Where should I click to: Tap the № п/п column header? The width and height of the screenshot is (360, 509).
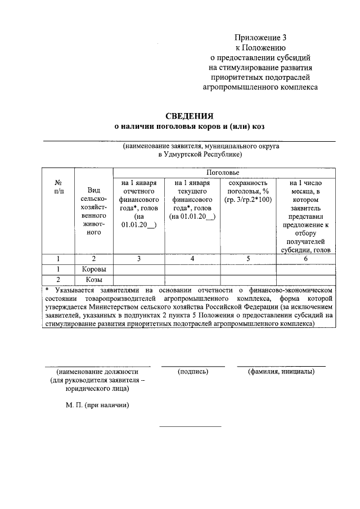pyautogui.click(x=58, y=187)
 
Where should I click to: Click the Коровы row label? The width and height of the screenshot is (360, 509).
pyautogui.click(x=93, y=269)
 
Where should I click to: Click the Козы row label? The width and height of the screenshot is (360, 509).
pyautogui.click(x=93, y=279)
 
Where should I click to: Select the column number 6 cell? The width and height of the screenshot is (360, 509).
pyautogui.click(x=306, y=259)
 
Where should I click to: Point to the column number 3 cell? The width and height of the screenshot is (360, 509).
pyautogui.click(x=138, y=259)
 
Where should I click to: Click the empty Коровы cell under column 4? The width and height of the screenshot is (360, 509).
pyautogui.click(x=192, y=269)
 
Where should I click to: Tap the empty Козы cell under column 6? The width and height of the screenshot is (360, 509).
pyautogui.click(x=306, y=279)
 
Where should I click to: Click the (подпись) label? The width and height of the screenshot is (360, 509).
pyautogui.click(x=192, y=372)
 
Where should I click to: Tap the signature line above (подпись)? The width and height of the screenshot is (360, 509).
pyautogui.click(x=192, y=366)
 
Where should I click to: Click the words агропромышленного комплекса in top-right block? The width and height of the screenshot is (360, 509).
pyautogui.click(x=260, y=87)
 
